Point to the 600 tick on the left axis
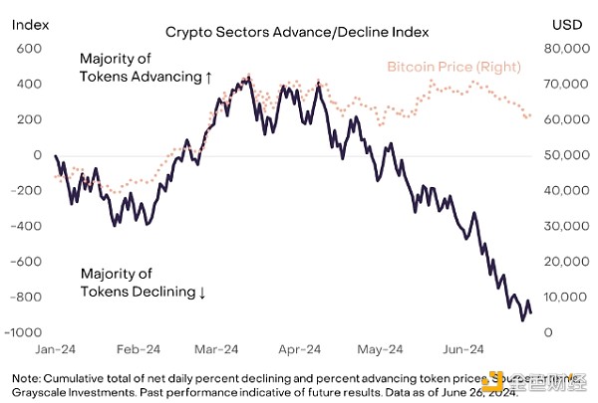pos(29,49)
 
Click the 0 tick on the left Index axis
pos(37,155)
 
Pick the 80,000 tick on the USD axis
pos(563,49)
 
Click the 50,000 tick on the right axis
pos(563,155)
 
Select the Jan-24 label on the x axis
pos(55,351)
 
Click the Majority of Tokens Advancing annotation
pos(146,68)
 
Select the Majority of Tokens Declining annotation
pos(143,283)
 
